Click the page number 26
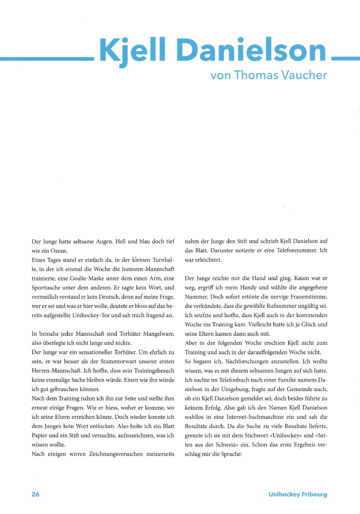[35, 494]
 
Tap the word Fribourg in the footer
[313, 494]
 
